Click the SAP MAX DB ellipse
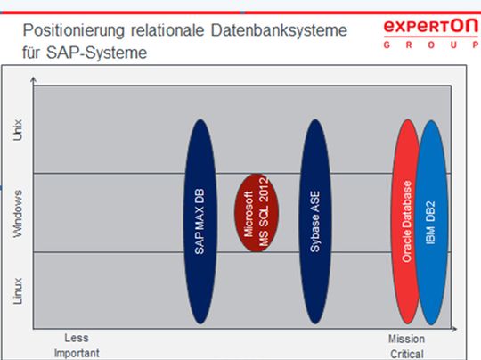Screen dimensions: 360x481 coord(200,220)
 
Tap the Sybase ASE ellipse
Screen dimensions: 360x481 coord(315,220)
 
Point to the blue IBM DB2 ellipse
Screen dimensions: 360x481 coord(432,220)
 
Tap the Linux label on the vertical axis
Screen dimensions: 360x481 coord(19,293)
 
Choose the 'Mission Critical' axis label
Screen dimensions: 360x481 coord(406,345)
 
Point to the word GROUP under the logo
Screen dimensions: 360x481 coord(428,44)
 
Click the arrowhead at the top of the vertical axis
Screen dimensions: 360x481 coord(33,80)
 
